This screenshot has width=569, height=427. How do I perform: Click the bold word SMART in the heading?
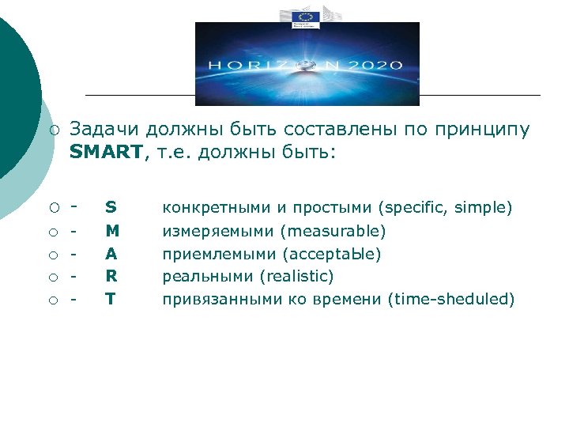click(103, 152)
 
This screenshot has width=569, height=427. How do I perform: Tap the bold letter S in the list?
click(111, 208)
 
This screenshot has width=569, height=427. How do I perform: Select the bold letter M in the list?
click(111, 232)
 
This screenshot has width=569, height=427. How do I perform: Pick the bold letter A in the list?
click(111, 254)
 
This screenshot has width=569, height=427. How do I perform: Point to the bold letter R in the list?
click(111, 276)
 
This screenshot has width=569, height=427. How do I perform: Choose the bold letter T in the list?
click(111, 299)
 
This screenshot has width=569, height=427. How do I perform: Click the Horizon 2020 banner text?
click(307, 66)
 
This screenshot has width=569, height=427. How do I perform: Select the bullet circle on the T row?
click(52, 300)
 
